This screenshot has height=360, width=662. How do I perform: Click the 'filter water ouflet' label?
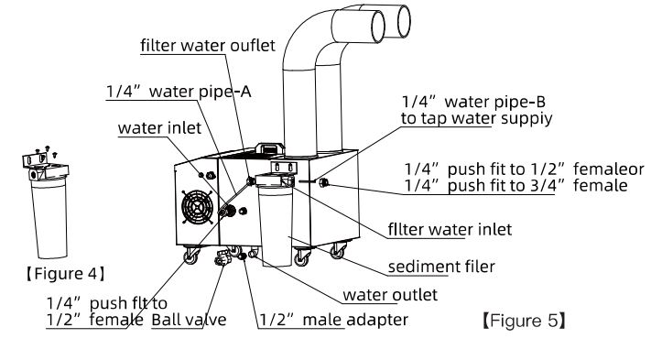208,45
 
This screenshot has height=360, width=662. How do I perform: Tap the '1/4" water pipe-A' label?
179,92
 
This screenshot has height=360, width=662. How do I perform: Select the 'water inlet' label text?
159,128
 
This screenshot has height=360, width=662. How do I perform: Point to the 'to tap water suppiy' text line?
477,118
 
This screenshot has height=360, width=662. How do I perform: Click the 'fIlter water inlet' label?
450,229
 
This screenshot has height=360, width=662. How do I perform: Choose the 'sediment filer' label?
441,267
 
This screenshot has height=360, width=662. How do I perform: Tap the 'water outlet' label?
390,295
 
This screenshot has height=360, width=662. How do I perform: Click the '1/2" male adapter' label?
333,320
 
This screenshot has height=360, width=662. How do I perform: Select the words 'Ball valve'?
189,320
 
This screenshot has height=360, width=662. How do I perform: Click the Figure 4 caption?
65,274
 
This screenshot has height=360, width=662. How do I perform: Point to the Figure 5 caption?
524,321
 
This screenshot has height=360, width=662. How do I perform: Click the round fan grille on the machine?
197,207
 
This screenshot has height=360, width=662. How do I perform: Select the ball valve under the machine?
222,257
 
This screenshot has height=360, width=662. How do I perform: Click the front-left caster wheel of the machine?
191,256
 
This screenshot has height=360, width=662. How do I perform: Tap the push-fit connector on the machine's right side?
324,182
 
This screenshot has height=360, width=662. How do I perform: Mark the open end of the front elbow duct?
374,27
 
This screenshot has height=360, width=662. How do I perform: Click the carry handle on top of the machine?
270,148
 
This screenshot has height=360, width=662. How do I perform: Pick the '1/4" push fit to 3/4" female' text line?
515,185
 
